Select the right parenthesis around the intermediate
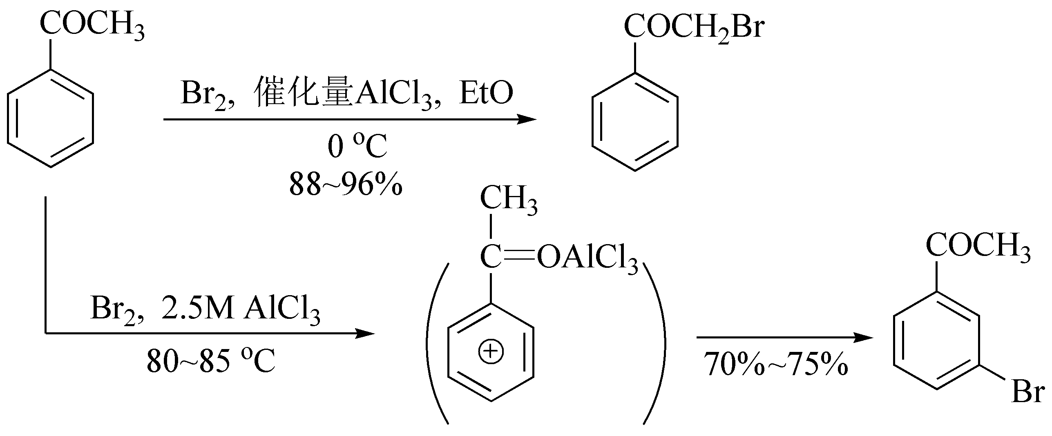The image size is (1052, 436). pyautogui.click(x=655, y=343)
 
